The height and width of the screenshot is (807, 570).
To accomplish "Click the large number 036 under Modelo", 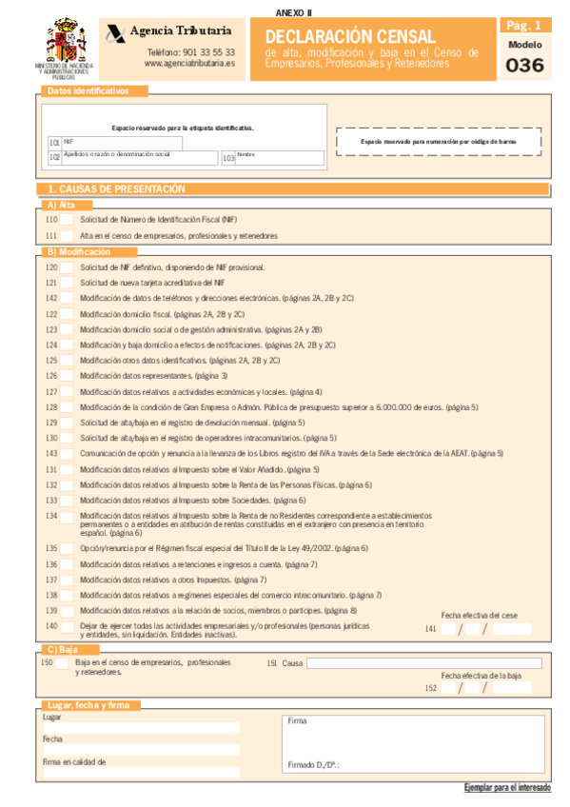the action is point(525,66).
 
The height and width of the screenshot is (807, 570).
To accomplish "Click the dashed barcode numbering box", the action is point(439,140).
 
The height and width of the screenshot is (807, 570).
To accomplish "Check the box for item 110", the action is point(67,220).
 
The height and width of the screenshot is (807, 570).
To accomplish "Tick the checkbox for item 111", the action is point(67,235).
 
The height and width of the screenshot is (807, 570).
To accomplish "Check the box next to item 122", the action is point(67,313).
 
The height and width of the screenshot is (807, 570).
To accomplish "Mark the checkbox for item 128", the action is point(67,406).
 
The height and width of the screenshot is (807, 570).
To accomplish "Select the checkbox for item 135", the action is point(67,548).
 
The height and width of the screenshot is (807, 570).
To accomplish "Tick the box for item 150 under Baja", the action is point(63,662).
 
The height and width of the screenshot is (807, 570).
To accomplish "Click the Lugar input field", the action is point(141,728).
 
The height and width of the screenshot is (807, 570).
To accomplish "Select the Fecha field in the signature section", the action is point(141,750).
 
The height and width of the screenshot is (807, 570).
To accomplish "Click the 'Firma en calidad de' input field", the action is point(141,773).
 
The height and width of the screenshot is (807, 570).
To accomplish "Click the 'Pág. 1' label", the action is point(524,27).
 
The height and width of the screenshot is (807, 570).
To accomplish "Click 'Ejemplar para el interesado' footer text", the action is point(506,788).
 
